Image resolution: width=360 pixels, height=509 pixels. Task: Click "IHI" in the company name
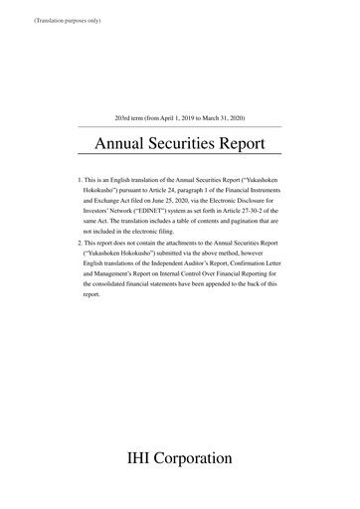(x=142, y=460)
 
